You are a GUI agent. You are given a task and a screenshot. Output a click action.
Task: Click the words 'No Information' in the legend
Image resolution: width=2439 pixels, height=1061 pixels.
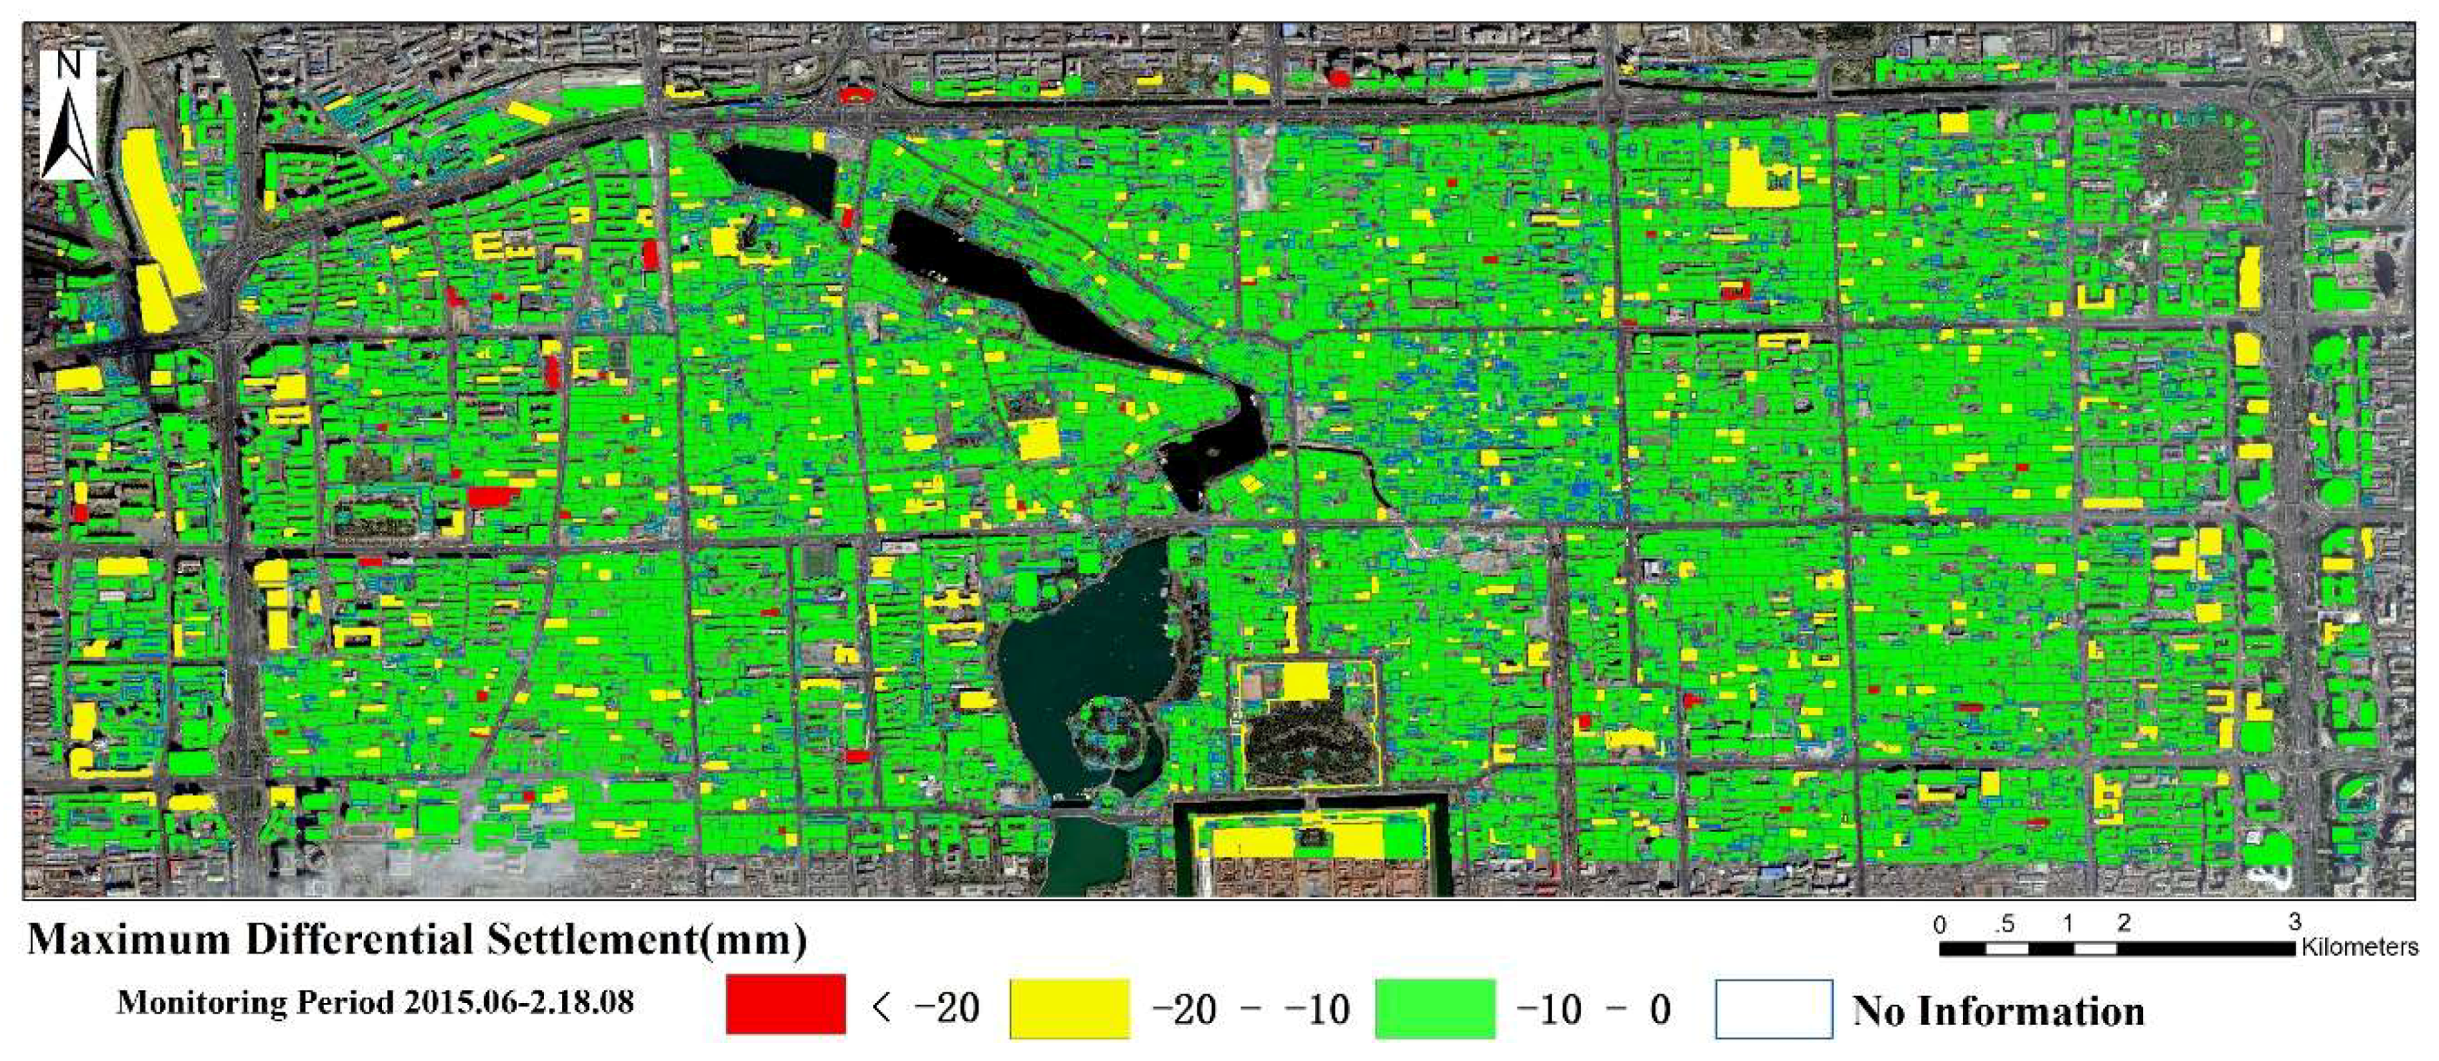point(1998,1011)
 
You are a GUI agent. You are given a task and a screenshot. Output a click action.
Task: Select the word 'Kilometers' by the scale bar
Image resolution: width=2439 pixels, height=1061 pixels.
point(2359,946)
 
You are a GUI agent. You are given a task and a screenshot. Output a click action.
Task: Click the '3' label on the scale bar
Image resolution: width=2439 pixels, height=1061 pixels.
point(2294,922)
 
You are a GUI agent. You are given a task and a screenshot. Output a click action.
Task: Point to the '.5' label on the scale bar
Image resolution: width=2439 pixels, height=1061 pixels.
point(2003,925)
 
